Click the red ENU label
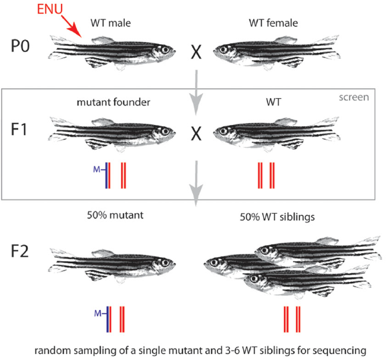[x=50, y=9]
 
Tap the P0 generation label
[x=20, y=46]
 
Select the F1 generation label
[x=19, y=130]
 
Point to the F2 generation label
[x=19, y=251]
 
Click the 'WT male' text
[x=111, y=23]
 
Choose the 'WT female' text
[x=273, y=23]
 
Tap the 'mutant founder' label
[x=114, y=102]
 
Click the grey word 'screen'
[x=354, y=98]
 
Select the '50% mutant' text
[x=115, y=215]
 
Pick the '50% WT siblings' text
[x=277, y=217]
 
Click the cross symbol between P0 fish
[x=196, y=52]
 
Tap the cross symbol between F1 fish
[x=196, y=134]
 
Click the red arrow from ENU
[x=71, y=27]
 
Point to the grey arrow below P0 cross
[x=196, y=93]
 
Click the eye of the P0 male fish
[x=165, y=50]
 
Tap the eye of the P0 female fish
[x=224, y=49]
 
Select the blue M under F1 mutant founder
[x=96, y=170]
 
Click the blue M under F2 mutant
[x=98, y=313]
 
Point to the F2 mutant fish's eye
[x=165, y=262]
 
